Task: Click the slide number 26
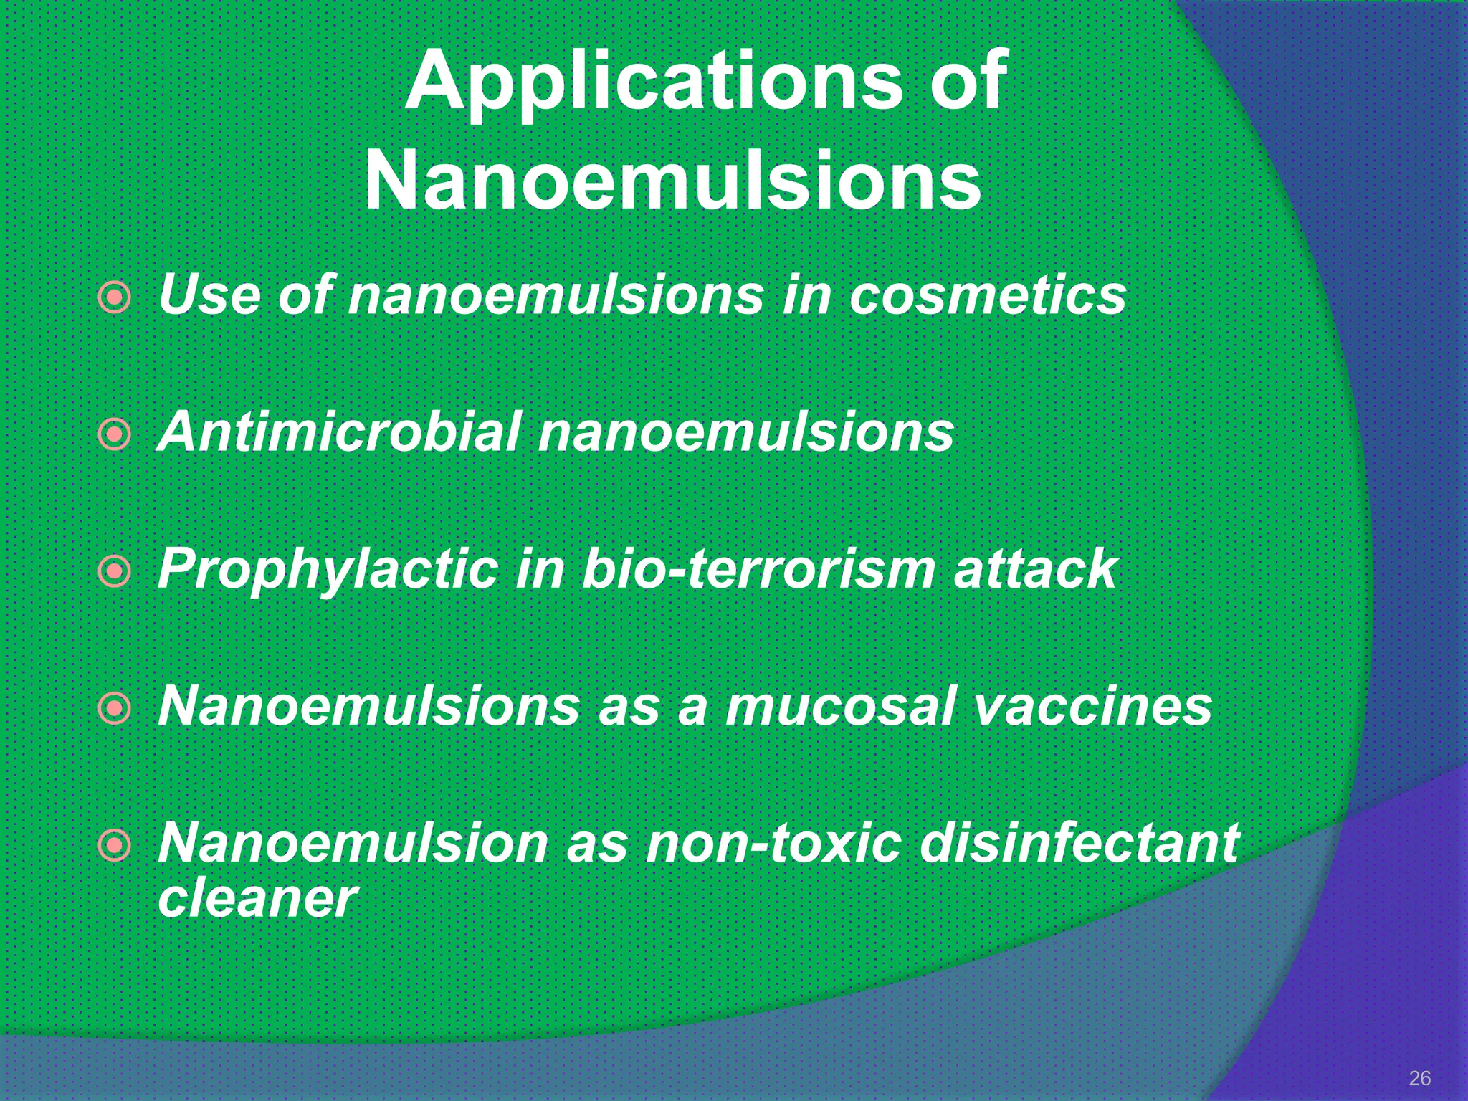coord(1419,1077)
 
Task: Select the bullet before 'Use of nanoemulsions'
coord(115,297)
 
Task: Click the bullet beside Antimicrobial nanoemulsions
coord(115,434)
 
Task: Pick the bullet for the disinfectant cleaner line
coord(115,846)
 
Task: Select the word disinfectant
coord(1079,844)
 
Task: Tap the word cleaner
coord(257,898)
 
